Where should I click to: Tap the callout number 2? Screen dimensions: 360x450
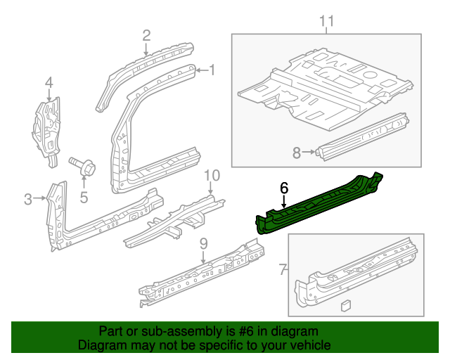(146, 35)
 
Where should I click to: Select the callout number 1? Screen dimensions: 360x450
(212, 70)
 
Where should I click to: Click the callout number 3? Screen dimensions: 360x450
(27, 199)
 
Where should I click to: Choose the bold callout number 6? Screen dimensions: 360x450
(284, 188)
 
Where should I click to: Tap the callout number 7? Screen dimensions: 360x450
(283, 269)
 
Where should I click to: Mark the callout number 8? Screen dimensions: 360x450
(296, 151)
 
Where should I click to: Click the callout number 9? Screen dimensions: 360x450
(203, 244)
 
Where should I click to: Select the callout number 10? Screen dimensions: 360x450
(212, 175)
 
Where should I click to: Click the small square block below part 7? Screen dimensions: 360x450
(345, 304)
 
